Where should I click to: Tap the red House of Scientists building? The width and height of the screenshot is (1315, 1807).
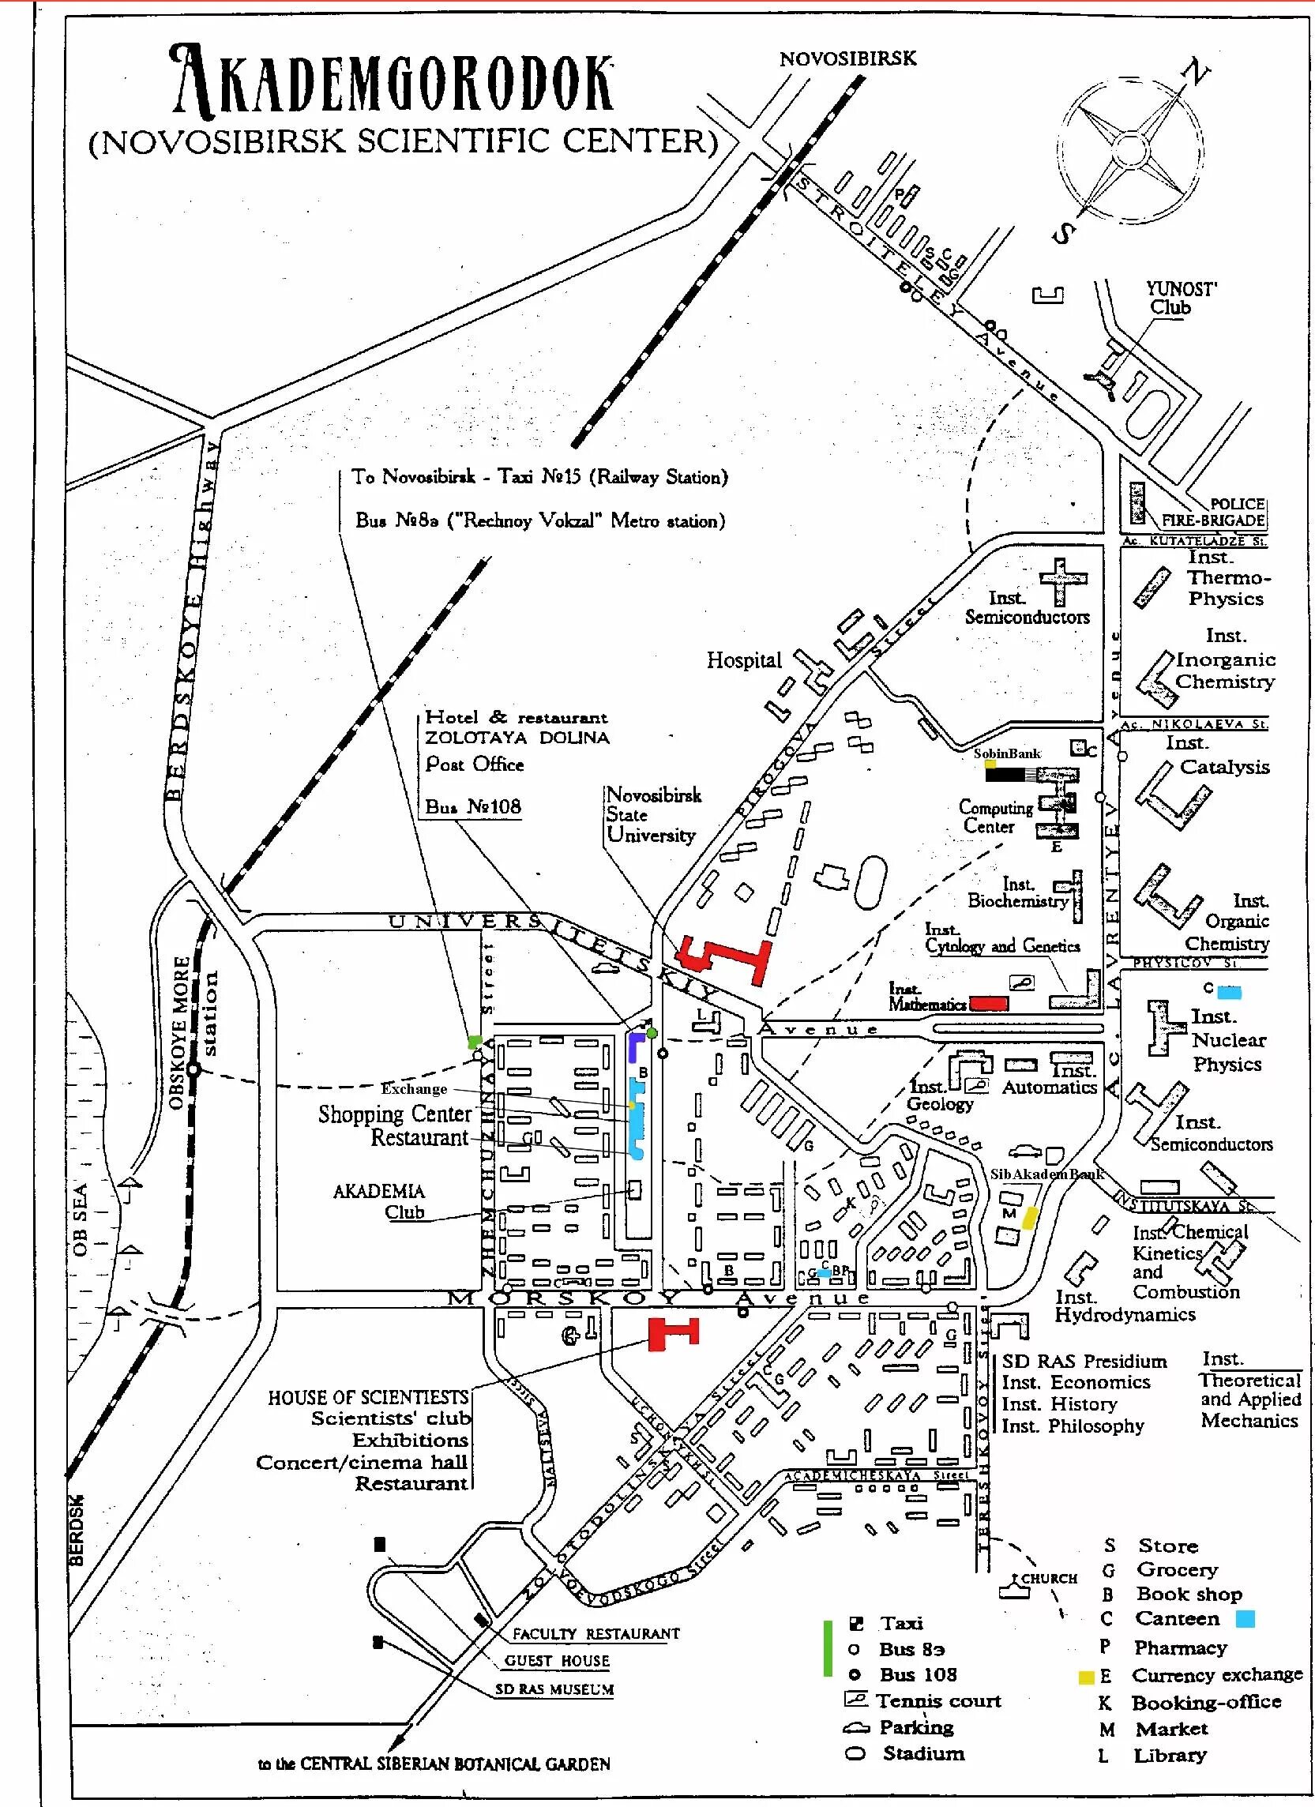pyautogui.click(x=673, y=1334)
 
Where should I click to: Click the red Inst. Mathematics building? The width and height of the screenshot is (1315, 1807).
pyautogui.click(x=989, y=1004)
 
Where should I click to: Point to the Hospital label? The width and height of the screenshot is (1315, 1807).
pyautogui.click(x=743, y=659)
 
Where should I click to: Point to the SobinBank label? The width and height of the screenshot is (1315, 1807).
pyautogui.click(x=1007, y=753)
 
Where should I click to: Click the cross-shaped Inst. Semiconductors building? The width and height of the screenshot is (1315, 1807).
pyautogui.click(x=1063, y=580)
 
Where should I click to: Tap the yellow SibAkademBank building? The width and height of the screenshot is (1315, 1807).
pyautogui.click(x=1030, y=1218)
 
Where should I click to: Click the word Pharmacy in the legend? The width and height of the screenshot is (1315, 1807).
pyautogui.click(x=1180, y=1647)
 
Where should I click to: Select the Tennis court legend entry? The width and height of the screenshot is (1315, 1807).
pyautogui.click(x=938, y=1701)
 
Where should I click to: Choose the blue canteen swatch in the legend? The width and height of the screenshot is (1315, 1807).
pyautogui.click(x=1245, y=1619)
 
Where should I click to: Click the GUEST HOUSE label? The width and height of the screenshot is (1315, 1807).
pyautogui.click(x=556, y=1661)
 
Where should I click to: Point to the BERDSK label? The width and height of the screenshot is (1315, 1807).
pyautogui.click(x=76, y=1535)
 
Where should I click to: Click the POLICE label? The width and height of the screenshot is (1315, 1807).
pyautogui.click(x=1237, y=504)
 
